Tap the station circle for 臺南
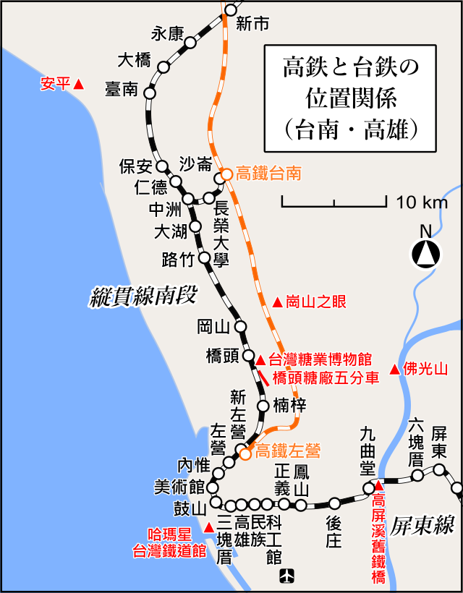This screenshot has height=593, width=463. (150, 93)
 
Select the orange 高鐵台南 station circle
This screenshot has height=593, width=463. (226, 174)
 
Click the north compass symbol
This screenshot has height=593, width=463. (426, 253)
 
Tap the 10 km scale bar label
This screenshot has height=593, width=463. (422, 202)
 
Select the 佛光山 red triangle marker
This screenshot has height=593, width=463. (394, 370)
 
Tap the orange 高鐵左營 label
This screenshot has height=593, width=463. (288, 451)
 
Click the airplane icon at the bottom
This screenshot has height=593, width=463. (288, 576)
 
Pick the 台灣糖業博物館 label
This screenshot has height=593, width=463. (319, 359)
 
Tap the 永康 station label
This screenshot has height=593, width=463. (168, 33)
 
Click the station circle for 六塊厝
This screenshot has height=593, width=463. (417, 475)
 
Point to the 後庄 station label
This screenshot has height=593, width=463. (334, 532)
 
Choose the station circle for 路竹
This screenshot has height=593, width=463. (204, 258)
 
